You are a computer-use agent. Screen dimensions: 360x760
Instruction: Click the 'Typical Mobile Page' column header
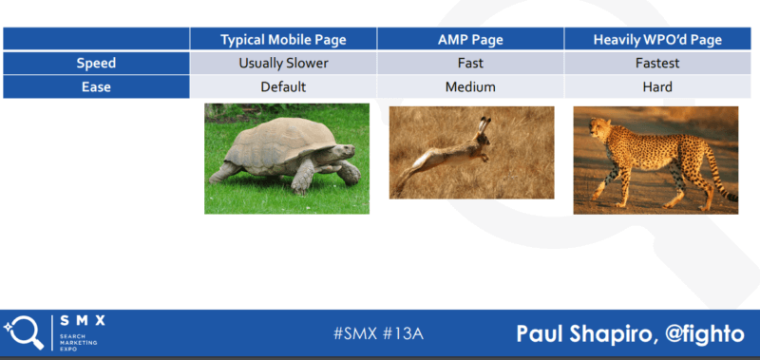pos(283,39)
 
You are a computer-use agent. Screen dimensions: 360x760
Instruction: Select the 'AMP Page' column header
pos(470,39)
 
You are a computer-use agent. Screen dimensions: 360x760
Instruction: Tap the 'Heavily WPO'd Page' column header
pos(657,39)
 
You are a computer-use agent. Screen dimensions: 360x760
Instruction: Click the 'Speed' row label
pos(96,63)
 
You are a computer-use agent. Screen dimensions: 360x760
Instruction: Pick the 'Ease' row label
pos(96,86)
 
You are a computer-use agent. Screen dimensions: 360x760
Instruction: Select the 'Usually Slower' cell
pos(283,63)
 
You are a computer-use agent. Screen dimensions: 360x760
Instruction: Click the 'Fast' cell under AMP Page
pos(470,63)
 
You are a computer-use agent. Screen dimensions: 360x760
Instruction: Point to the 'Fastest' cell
pos(657,63)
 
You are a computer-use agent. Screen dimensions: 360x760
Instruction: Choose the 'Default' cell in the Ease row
pos(283,86)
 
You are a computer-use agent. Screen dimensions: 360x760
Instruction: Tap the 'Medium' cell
pos(470,86)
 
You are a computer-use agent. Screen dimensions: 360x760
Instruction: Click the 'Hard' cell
pos(657,86)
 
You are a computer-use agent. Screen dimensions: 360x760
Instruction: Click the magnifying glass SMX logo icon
pos(23,332)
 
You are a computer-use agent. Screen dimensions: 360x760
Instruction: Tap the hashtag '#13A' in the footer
pos(406,333)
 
